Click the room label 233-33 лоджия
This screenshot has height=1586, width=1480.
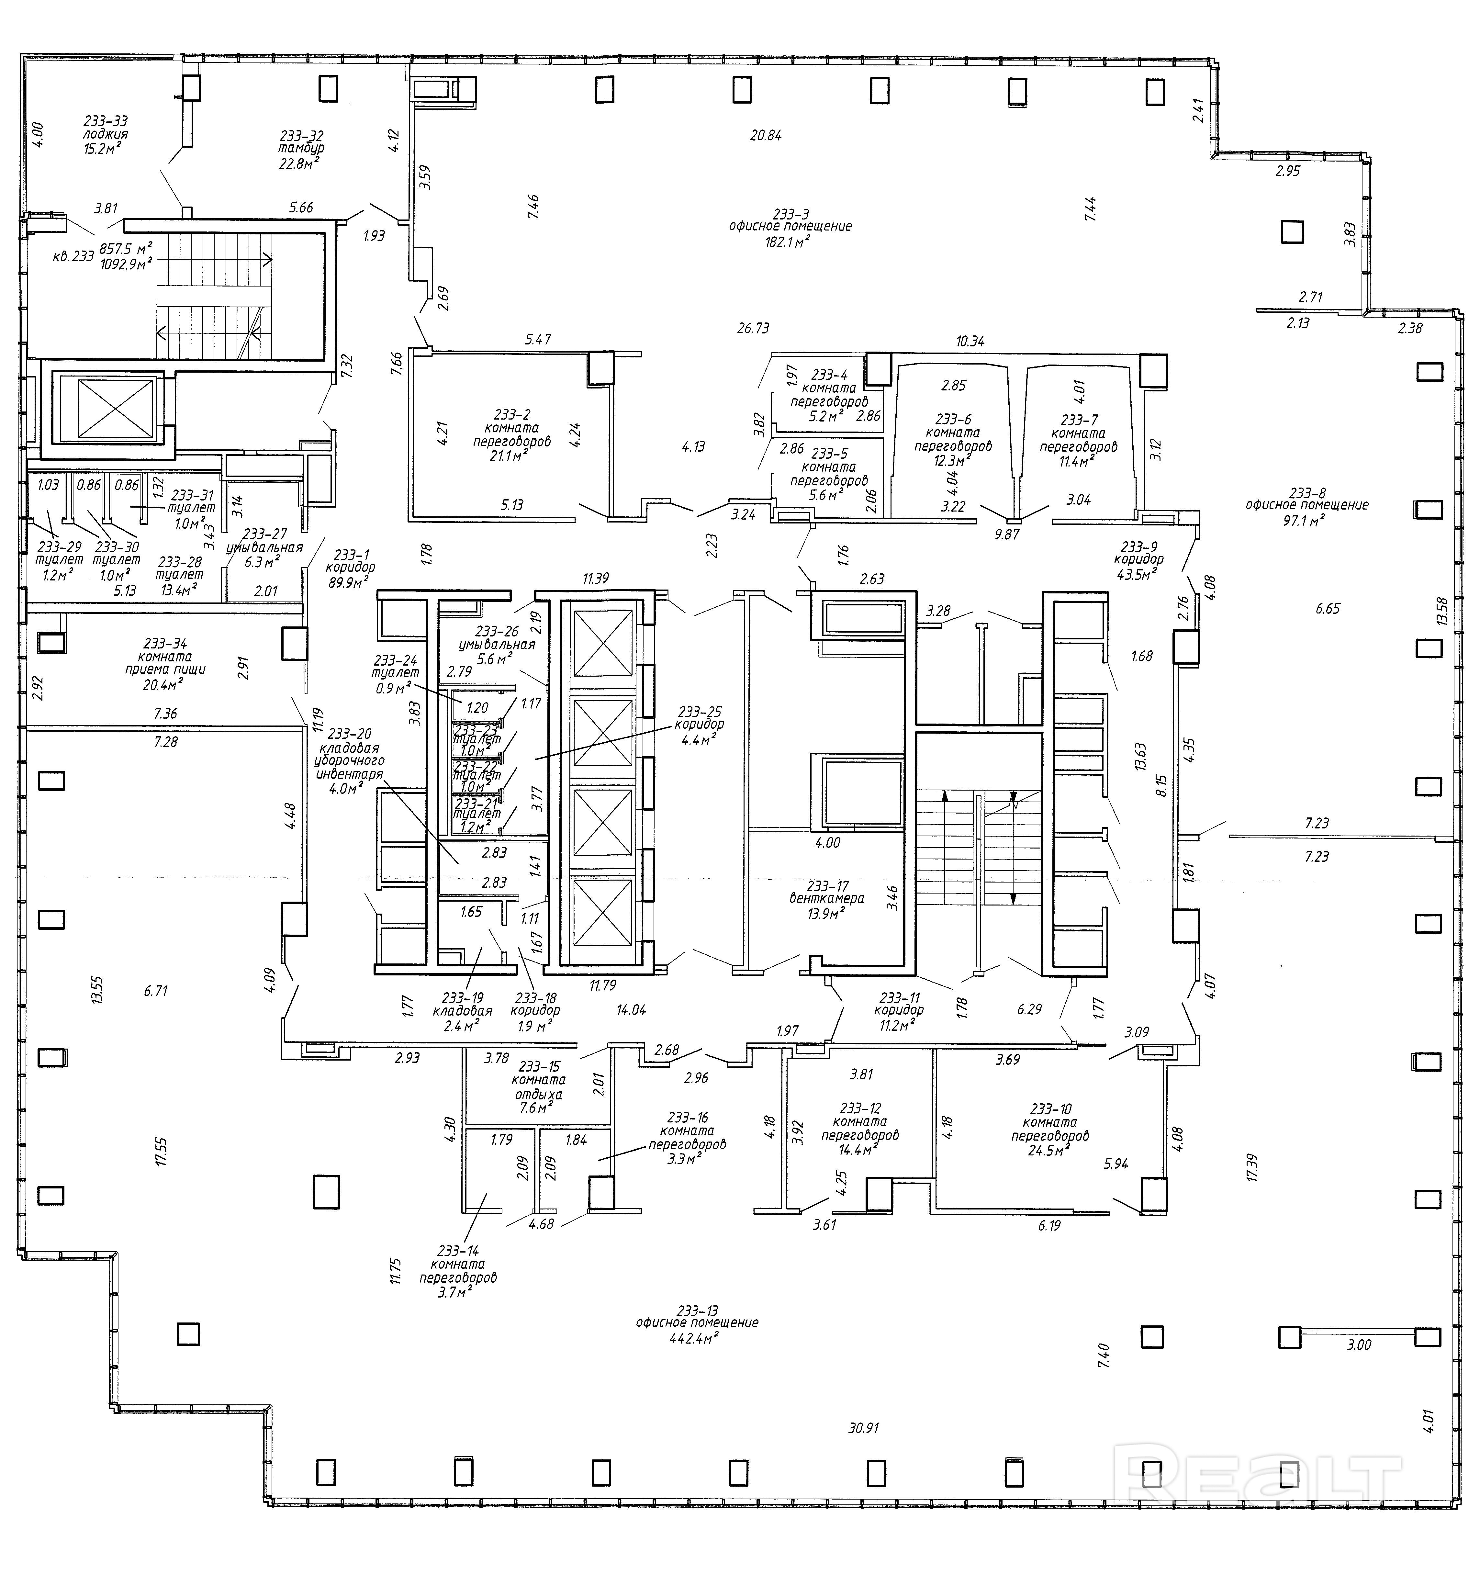coord(105,134)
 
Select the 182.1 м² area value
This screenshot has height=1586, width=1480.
coord(787,240)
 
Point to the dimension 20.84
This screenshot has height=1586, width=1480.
coord(765,136)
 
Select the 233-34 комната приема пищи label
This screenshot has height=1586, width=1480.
coord(165,662)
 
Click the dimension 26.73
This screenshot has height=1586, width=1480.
coord(753,328)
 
